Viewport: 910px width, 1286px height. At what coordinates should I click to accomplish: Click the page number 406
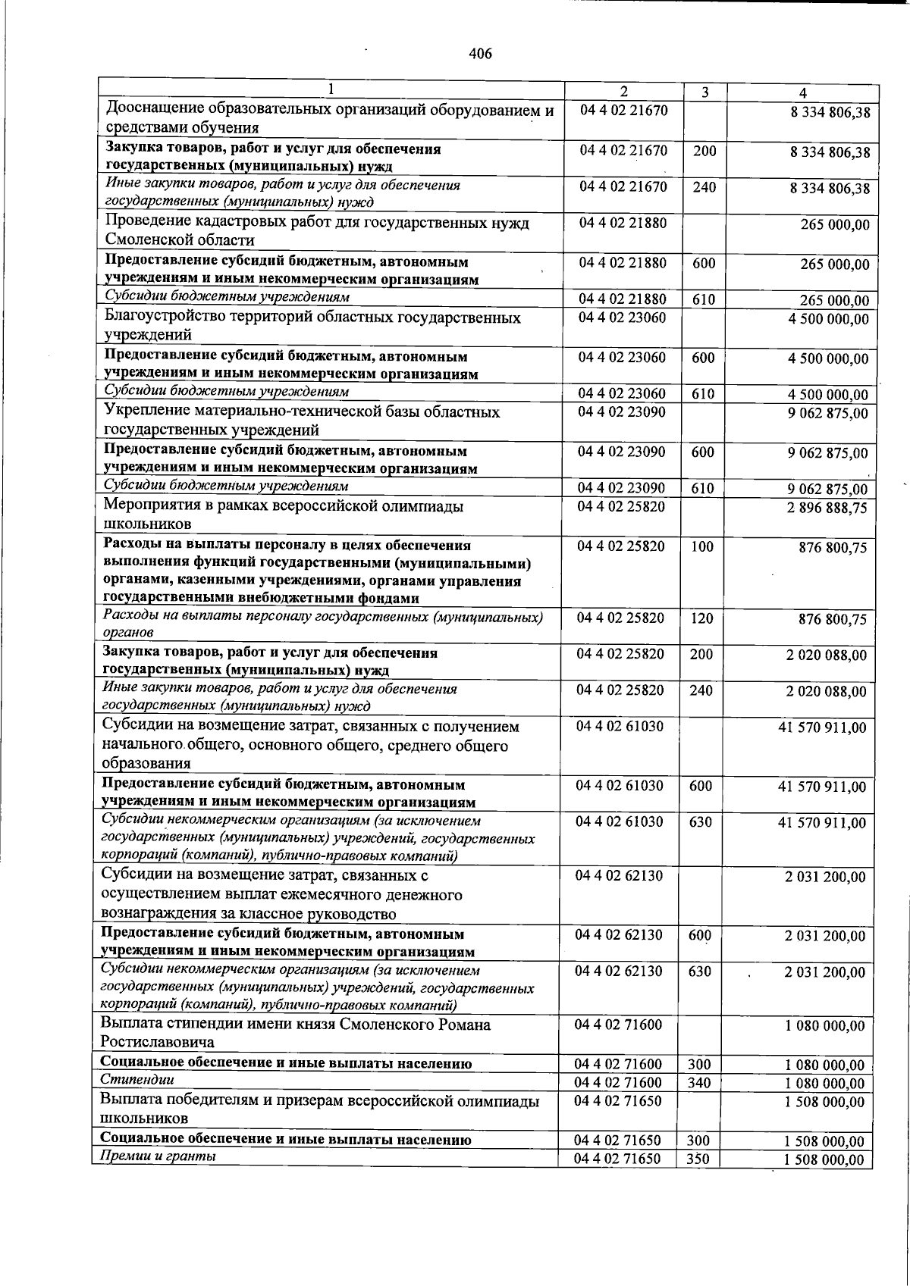pos(481,54)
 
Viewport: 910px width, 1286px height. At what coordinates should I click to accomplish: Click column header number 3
pos(704,92)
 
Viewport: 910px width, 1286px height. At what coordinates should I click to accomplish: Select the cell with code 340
pos(698,1083)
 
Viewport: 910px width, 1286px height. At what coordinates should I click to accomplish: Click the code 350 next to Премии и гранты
pos(698,1159)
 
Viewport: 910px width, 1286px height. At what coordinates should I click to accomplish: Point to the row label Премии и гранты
pos(158,1156)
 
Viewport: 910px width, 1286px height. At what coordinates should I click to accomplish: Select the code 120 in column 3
pos(701,618)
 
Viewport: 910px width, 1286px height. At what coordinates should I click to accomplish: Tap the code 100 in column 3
pos(701,546)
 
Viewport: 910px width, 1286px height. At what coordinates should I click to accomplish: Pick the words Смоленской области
pos(180,240)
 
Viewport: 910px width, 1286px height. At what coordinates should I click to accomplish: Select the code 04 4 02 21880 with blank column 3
pos(623,224)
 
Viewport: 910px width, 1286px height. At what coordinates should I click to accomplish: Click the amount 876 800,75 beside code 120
pos(832,620)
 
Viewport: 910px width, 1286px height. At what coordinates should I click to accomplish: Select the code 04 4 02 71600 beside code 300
pos(618,1065)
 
